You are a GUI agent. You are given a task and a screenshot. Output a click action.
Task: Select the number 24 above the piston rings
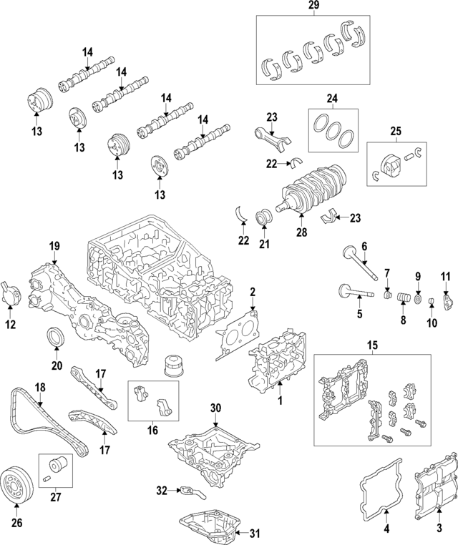pos(332,99)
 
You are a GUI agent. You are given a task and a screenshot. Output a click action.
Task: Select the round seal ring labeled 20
pos(57,338)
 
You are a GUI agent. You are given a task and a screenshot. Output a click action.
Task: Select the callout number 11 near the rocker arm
pos(445,276)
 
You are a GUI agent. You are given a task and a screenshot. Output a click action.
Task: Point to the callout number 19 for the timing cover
pos(54,247)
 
